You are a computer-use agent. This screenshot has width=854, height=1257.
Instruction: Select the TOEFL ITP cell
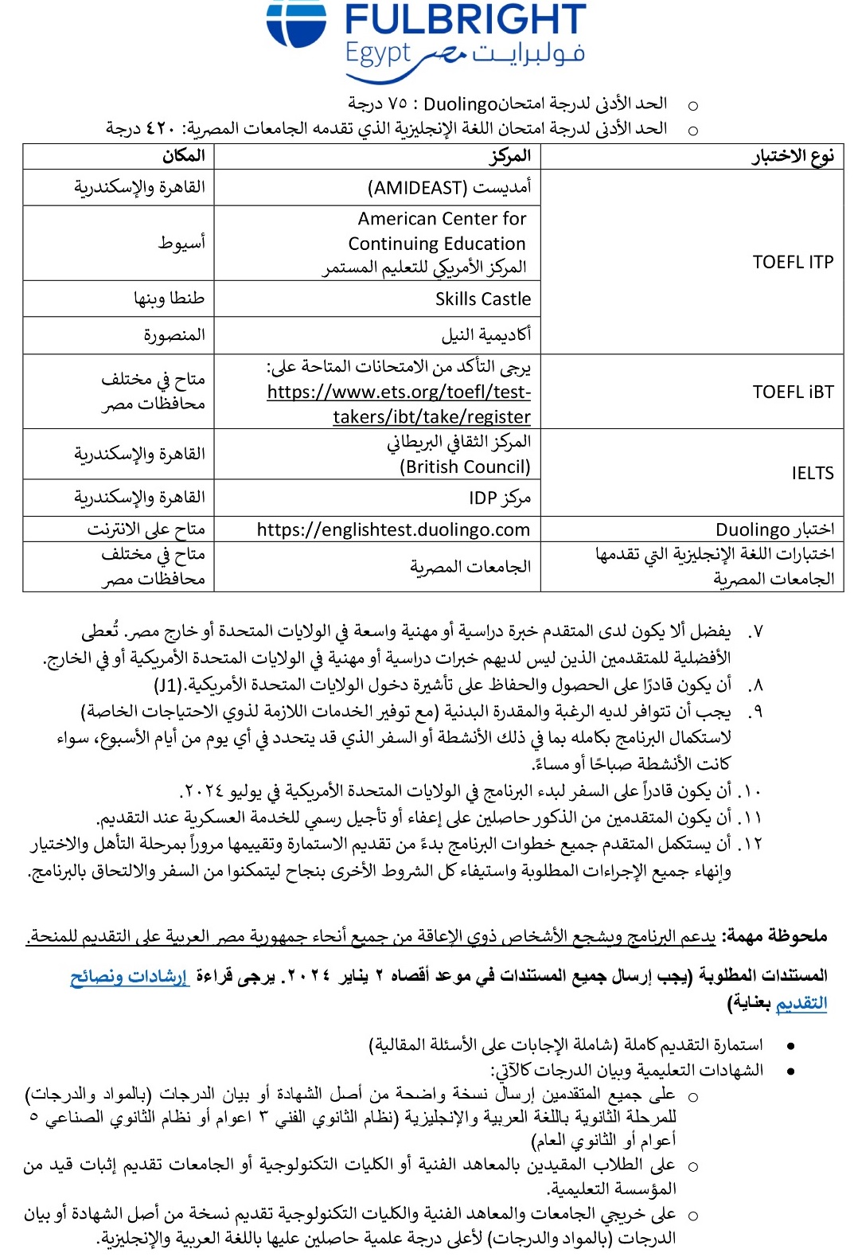point(793,262)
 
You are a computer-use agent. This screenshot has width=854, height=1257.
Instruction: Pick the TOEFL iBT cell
point(793,392)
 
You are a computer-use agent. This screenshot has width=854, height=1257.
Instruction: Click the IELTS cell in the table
point(812,473)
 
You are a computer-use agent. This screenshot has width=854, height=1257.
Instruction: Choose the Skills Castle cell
point(482,299)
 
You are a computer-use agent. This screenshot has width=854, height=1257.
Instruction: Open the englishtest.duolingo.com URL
point(393,529)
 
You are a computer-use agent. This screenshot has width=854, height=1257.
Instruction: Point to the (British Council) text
point(465,466)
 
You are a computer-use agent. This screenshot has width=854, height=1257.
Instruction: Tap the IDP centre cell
point(499,498)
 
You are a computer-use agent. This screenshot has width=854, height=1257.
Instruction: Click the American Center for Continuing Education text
point(441,231)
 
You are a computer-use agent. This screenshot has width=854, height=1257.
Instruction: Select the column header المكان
point(183,156)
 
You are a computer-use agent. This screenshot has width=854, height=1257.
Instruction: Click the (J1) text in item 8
point(168,685)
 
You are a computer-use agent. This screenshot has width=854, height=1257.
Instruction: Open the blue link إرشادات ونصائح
point(129,976)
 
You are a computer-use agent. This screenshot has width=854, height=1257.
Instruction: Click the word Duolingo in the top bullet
point(460,103)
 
